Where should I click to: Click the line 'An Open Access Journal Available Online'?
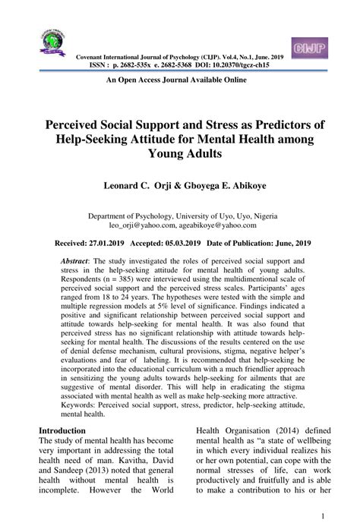click(x=177, y=79)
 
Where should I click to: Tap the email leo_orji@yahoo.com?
click(x=142, y=225)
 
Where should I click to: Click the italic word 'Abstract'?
click(x=74, y=260)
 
